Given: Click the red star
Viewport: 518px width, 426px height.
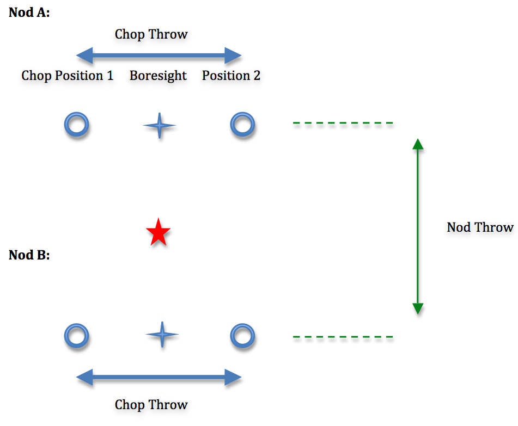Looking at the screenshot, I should coord(158,233).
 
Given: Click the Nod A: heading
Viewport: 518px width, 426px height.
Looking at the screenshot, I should coord(29,13).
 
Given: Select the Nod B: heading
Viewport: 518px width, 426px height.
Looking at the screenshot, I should coord(29,255).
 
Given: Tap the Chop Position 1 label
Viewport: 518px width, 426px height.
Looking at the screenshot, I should coord(68,76).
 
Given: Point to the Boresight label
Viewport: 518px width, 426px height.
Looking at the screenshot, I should coord(158,76).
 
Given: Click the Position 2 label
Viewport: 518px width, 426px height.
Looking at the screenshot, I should coord(231,76).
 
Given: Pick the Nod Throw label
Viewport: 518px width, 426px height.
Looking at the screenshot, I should coord(480,227).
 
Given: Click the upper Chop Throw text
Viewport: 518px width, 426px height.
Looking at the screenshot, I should coord(151,34).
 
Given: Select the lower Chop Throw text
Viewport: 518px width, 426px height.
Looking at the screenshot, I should coord(151,405).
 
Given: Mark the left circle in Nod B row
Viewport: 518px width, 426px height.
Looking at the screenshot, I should coord(76,336).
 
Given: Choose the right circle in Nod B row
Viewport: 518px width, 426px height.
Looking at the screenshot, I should coord(242,336).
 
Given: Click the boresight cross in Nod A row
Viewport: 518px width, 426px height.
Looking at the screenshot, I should coord(160,126).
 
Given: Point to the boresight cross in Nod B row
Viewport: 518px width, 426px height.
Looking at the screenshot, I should coord(162,335).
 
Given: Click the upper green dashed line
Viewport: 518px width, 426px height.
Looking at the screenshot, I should coord(343,124).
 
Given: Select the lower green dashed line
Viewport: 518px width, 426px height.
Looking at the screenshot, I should coord(343,337).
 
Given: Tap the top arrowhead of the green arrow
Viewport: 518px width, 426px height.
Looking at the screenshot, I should coord(417,144).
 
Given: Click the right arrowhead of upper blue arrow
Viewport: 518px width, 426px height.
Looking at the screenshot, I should coord(234,55).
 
